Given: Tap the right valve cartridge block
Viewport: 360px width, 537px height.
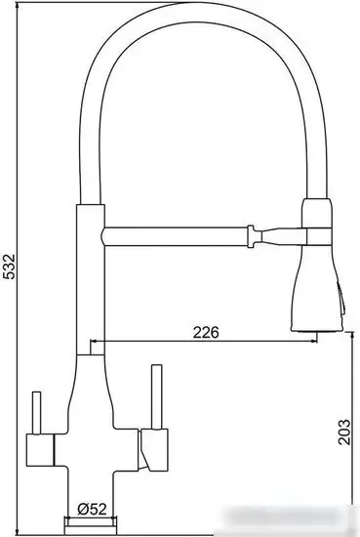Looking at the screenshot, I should click(x=150, y=451).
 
